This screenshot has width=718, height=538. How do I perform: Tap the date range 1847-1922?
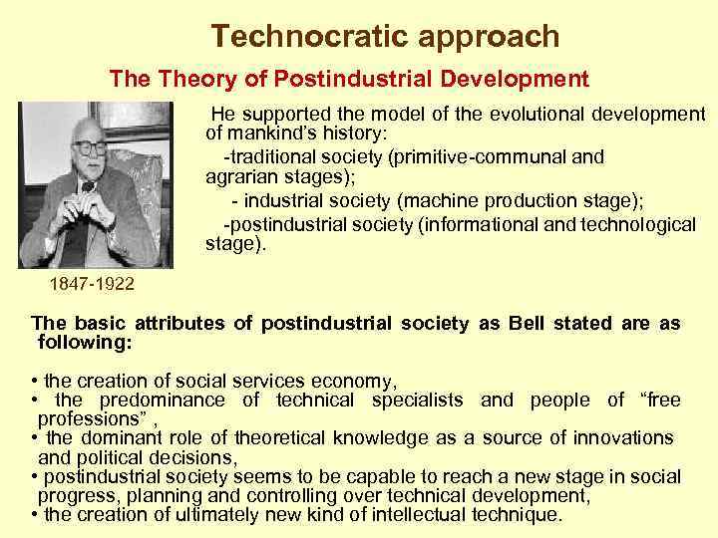coord(92,285)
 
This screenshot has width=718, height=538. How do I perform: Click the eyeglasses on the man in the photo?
coord(90,146)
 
